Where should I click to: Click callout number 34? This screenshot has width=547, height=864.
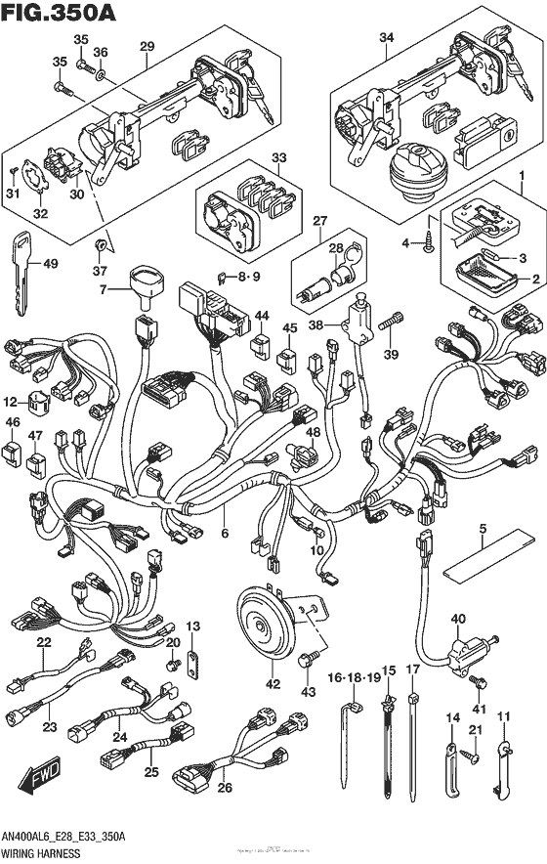[x=387, y=37]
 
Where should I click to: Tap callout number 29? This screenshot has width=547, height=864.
[x=147, y=45]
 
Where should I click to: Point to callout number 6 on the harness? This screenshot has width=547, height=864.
[x=226, y=534]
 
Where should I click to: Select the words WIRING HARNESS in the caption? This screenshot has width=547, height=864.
[x=43, y=853]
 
